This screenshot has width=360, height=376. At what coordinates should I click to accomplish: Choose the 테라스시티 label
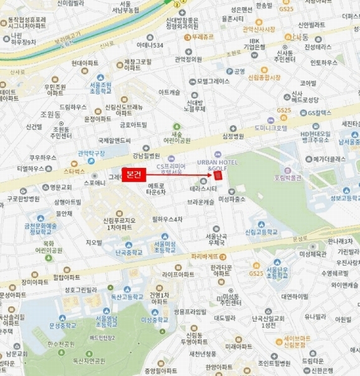click(203, 189)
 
